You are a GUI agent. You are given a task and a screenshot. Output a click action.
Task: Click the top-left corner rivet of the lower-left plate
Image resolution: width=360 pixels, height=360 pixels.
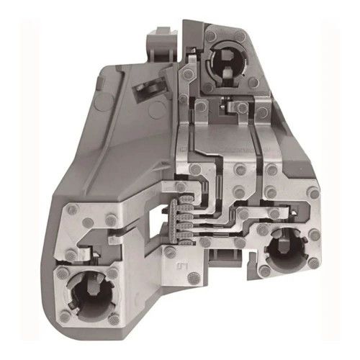pos(73,211)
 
